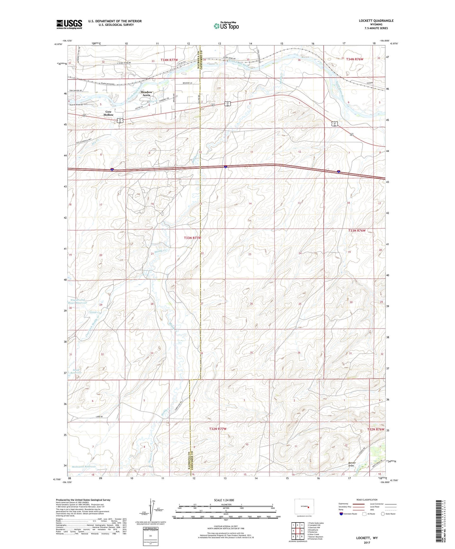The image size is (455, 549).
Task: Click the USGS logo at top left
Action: click(69, 24)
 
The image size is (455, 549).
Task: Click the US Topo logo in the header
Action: click(226, 26)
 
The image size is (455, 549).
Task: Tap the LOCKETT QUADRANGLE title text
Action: click(376, 21)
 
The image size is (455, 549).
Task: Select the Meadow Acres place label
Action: click(146, 93)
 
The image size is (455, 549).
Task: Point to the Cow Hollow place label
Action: click(108, 113)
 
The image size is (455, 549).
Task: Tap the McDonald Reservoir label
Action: click(83, 467)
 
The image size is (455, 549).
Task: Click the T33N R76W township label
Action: click(357, 230)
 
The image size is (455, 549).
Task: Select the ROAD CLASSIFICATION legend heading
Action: click(367, 500)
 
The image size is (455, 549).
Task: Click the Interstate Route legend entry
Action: click(348, 514)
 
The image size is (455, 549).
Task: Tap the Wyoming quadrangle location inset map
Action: click(304, 507)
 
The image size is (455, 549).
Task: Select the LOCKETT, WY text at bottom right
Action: click(367, 538)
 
